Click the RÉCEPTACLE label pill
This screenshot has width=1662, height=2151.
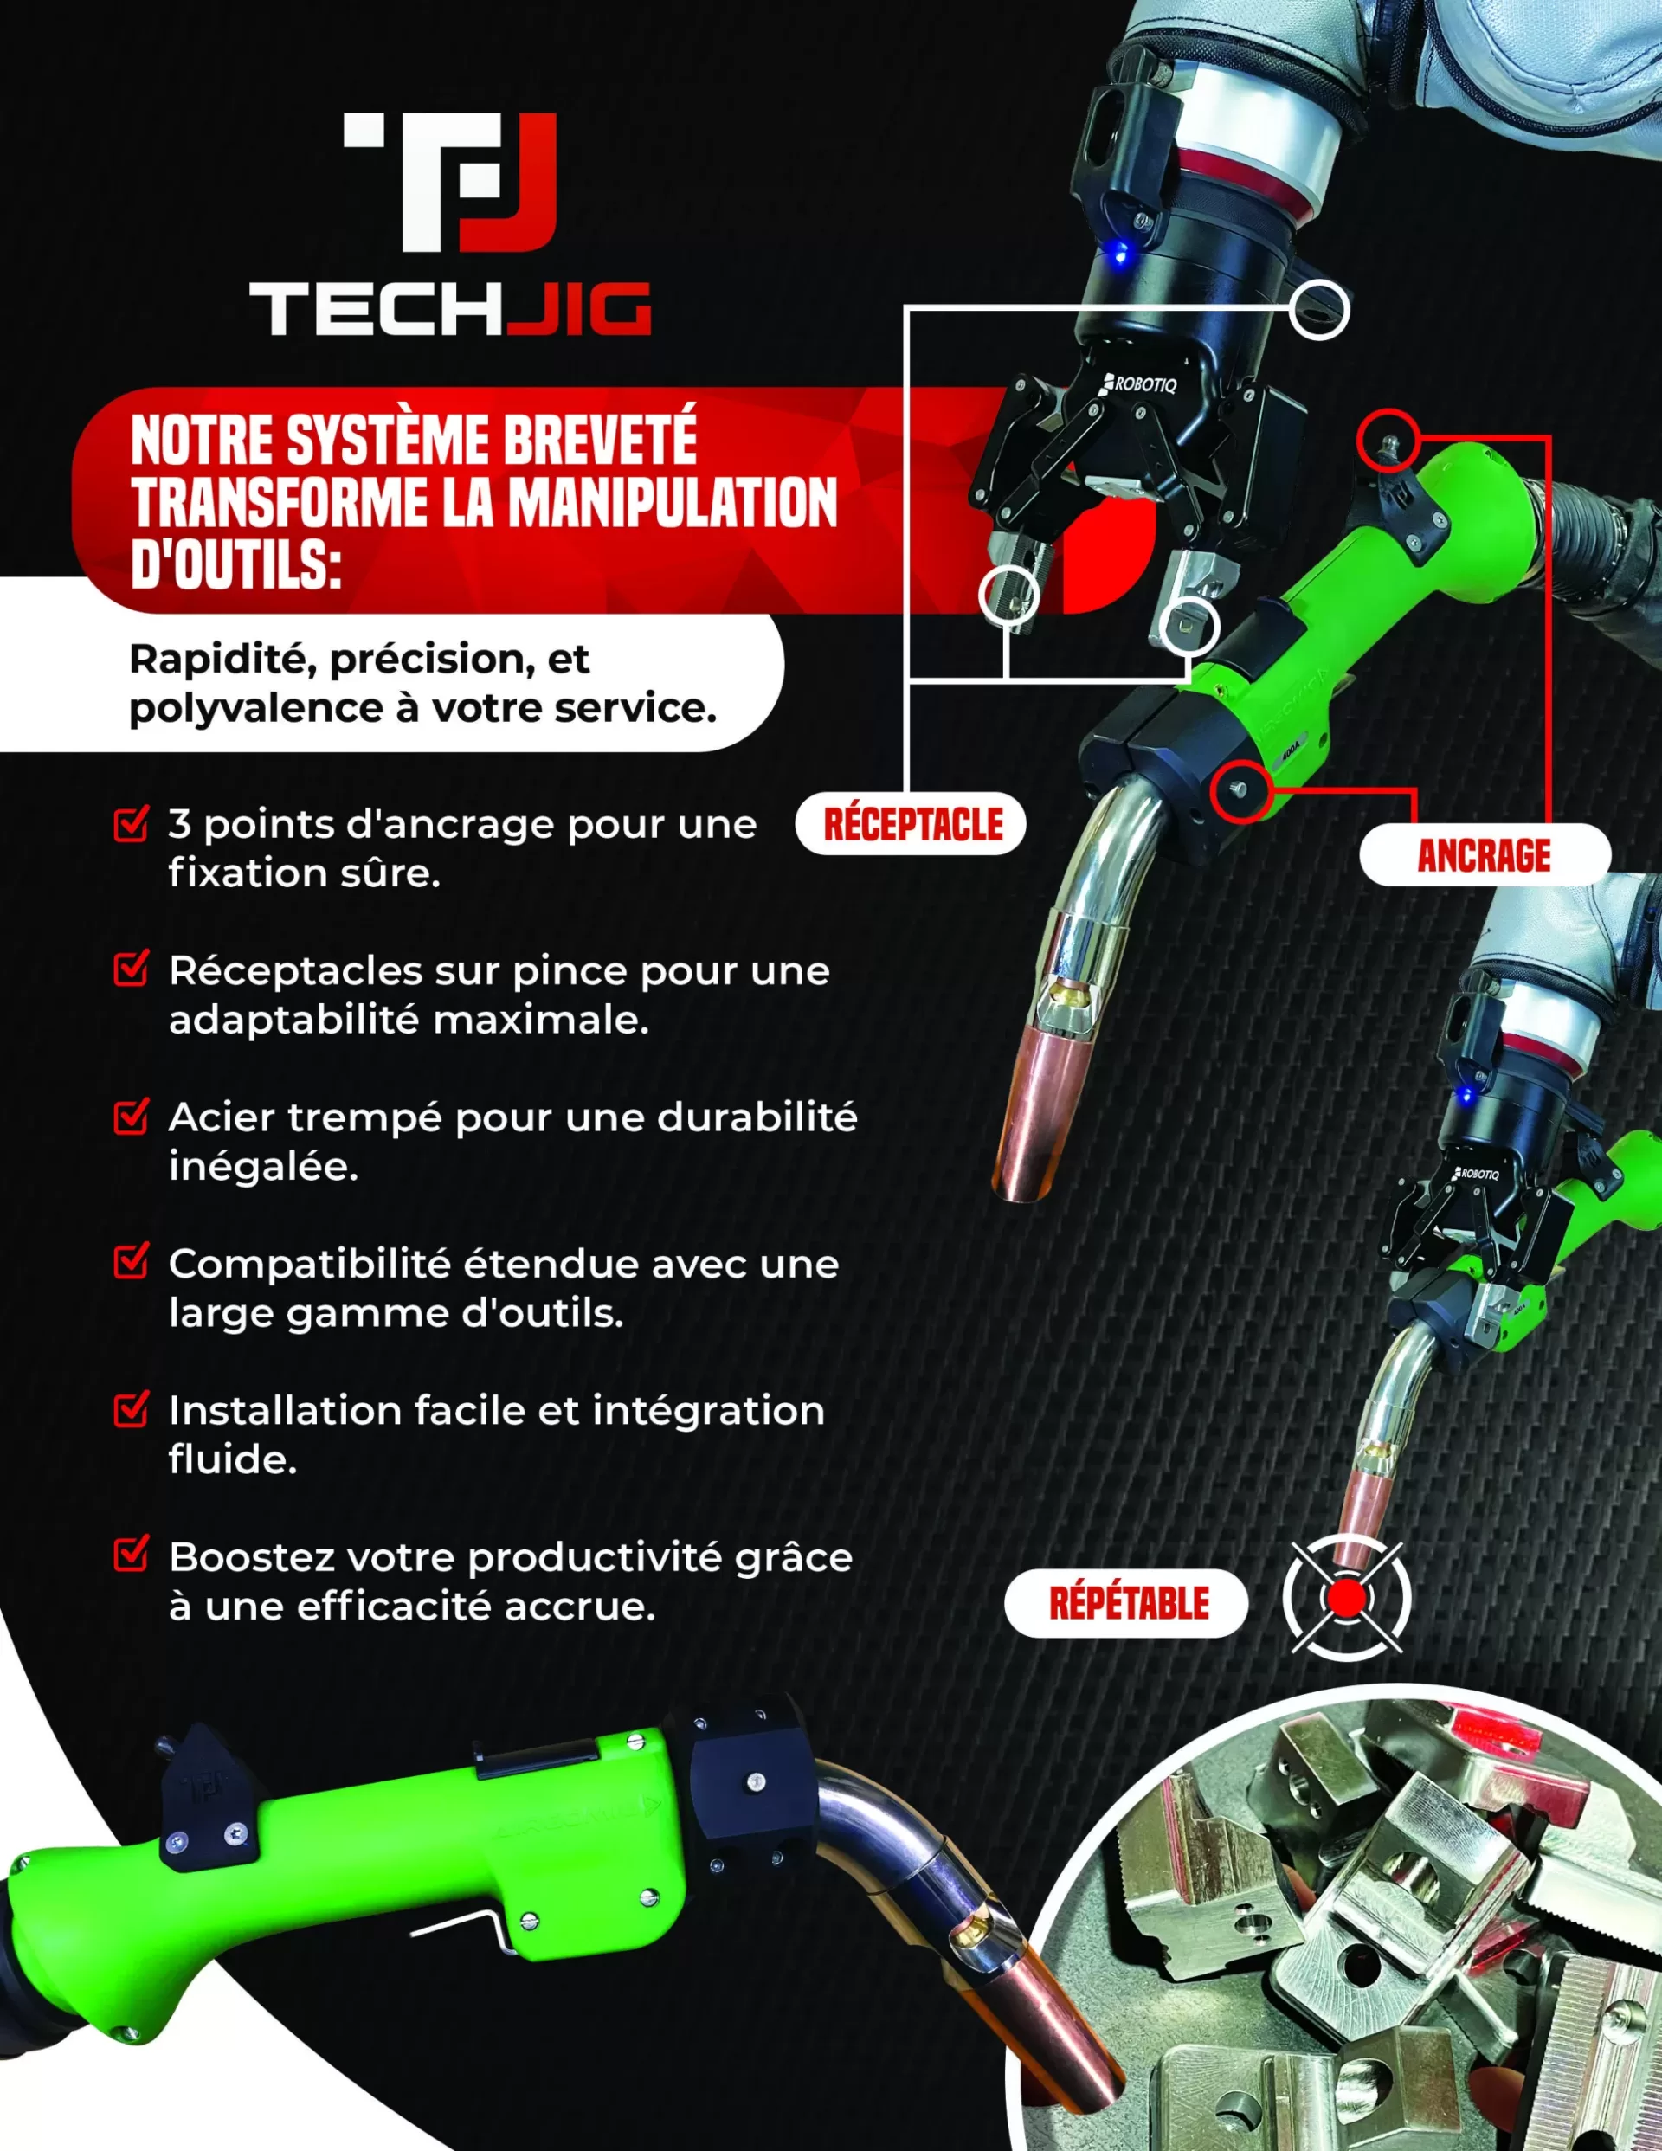(x=911, y=823)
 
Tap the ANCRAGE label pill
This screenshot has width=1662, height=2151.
(x=1484, y=855)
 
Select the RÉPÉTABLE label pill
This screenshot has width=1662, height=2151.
(x=1126, y=1603)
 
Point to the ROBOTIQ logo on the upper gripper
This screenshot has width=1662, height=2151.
(x=1141, y=383)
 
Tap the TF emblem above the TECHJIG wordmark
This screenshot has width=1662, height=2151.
(x=450, y=181)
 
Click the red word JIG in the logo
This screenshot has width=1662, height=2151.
(x=581, y=309)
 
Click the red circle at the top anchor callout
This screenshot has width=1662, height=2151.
(x=1388, y=438)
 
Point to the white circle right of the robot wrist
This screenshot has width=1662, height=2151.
(x=1318, y=309)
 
